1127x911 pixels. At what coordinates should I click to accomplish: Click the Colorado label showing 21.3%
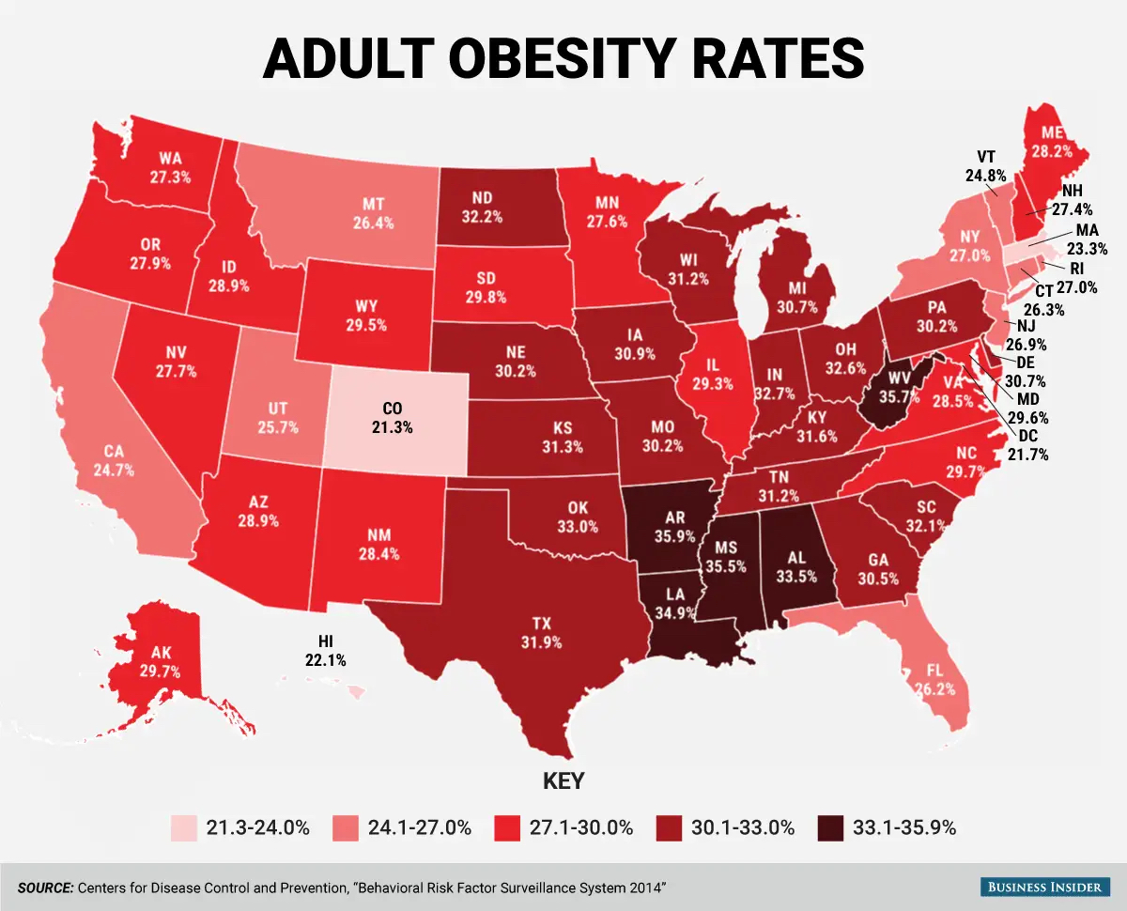coord(394,418)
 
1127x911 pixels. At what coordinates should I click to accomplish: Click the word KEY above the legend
coord(563,781)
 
